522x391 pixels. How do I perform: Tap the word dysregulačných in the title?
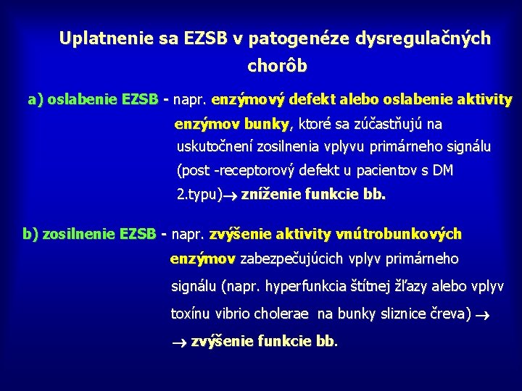(x=422, y=38)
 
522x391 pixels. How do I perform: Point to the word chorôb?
(x=278, y=67)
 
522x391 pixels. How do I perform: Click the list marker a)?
(x=36, y=99)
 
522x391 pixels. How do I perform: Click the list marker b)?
(x=32, y=234)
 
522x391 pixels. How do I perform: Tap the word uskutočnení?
(x=214, y=147)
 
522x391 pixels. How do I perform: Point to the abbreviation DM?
(x=443, y=171)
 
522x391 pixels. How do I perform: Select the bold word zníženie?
(x=270, y=195)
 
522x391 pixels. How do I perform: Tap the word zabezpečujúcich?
(x=300, y=258)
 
